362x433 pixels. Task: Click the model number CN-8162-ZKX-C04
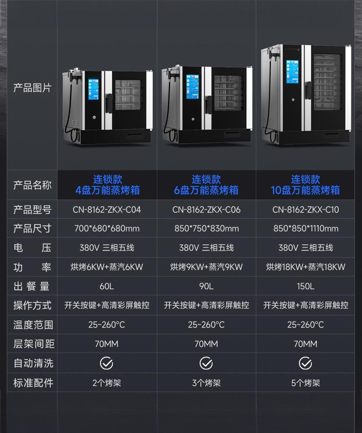107,210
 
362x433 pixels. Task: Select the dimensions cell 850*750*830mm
206,229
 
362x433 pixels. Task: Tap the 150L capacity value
305,286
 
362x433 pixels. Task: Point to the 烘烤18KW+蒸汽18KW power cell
305,267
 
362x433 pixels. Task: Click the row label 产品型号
32,210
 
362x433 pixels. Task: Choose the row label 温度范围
33,325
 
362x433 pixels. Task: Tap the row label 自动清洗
33,363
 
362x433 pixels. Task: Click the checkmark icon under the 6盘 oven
206,363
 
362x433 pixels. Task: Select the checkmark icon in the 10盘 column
305,363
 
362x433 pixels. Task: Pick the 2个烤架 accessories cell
107,383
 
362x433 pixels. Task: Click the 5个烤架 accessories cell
305,383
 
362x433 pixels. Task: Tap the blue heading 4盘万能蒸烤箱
108,190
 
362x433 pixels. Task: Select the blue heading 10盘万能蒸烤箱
305,190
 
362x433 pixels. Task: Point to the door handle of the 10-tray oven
308,90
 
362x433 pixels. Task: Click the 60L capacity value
107,286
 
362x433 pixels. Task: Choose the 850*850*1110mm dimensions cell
306,229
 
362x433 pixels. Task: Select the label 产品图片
32,88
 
